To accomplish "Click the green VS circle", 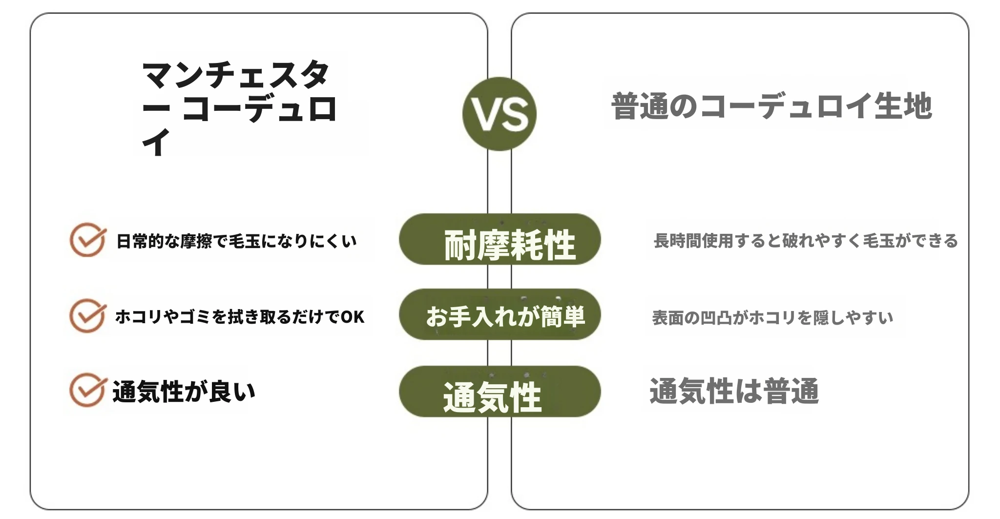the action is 499,114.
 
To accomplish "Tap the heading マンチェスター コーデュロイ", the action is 239,108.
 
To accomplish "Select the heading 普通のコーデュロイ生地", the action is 771,106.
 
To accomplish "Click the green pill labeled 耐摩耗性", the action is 500,239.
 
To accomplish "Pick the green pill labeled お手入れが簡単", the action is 500,314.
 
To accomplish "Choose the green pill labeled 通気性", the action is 500,392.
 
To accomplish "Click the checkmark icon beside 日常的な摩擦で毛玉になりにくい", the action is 88,240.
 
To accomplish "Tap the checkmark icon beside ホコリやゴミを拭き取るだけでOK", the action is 88,316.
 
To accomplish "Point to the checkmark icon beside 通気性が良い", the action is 88,390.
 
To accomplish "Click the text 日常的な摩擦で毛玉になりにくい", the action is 236,241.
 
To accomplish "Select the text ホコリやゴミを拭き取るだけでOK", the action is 240,317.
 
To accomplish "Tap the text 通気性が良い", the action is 184,392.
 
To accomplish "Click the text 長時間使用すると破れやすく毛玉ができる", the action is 806,241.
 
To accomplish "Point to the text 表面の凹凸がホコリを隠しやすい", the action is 772,318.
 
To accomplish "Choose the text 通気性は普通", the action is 734,391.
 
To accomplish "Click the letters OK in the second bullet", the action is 353,317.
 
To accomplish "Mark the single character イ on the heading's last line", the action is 156,142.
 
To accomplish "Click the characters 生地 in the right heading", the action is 903,106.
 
